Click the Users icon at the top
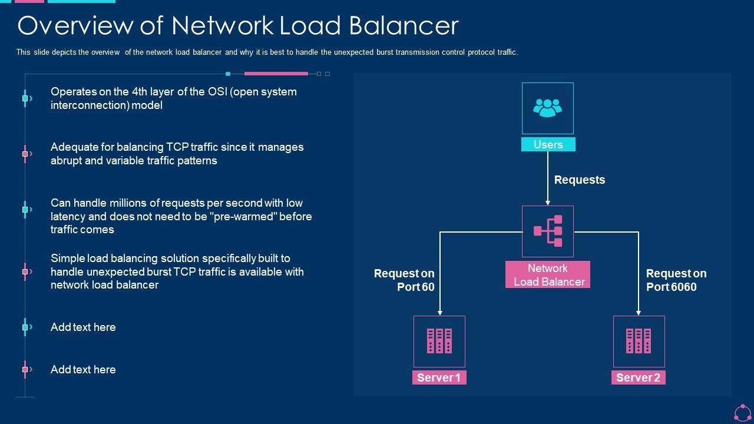click(x=547, y=108)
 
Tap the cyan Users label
click(x=548, y=144)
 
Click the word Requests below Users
click(x=580, y=180)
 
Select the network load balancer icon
click(x=548, y=231)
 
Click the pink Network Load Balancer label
click(x=548, y=275)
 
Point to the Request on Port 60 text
click(x=405, y=280)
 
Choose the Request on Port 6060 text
click(x=676, y=280)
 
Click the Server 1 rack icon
click(x=439, y=341)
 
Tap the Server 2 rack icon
click(x=639, y=341)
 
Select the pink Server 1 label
click(x=439, y=377)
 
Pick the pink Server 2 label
click(x=639, y=377)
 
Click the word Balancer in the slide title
click(x=404, y=26)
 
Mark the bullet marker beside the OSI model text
click(x=25, y=98)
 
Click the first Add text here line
click(x=83, y=327)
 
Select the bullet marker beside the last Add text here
click(x=25, y=370)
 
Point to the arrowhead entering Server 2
click(x=639, y=313)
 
